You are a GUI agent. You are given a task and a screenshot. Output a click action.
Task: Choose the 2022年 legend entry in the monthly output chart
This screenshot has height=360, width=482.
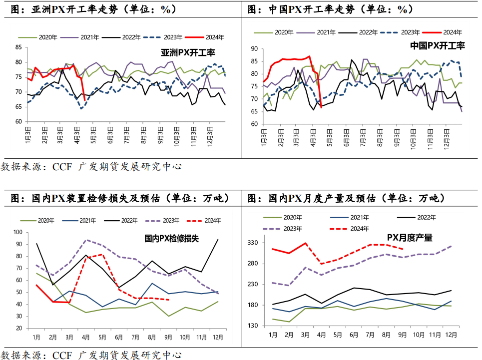[x=426, y=217]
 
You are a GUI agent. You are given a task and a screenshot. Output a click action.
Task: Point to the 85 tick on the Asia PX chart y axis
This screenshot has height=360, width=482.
[x=18, y=47]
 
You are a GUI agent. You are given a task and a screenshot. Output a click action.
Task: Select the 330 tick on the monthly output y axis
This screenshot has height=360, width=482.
[x=253, y=243]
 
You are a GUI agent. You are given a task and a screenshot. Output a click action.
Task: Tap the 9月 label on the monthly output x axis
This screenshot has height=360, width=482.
[x=403, y=334]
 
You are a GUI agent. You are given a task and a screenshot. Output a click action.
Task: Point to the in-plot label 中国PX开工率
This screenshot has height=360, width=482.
[x=437, y=45]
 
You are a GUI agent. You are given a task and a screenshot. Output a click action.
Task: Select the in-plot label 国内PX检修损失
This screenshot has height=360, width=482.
[x=171, y=239]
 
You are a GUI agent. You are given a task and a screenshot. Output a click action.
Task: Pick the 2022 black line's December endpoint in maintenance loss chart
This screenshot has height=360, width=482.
[x=218, y=240]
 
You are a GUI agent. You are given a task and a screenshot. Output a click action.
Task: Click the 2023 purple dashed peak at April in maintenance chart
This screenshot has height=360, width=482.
[x=86, y=240]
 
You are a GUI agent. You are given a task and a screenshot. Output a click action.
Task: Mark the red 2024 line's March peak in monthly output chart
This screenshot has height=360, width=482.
[x=305, y=243]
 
